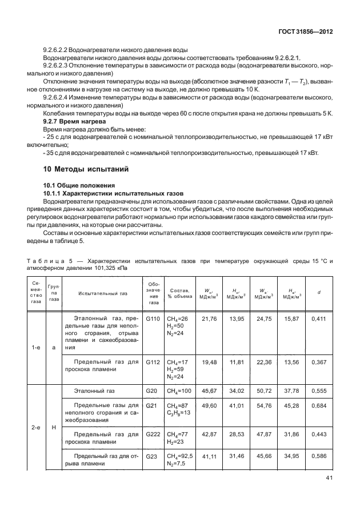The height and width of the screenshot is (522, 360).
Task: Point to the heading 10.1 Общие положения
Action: [x=79, y=185]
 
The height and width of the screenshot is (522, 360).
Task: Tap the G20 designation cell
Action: [x=151, y=390]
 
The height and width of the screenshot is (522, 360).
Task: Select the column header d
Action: [x=318, y=293]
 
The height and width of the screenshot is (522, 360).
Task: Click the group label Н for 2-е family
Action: [x=54, y=427]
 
